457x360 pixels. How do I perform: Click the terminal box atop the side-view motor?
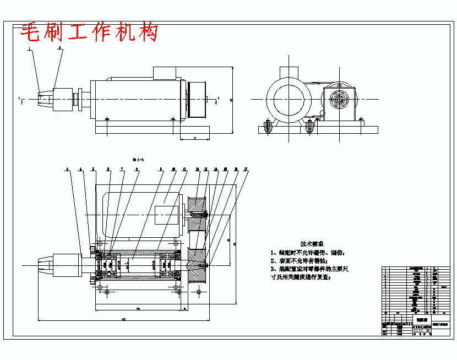(164, 73)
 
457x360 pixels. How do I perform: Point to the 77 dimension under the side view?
(195, 138)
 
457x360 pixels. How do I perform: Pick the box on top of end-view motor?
(289, 72)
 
